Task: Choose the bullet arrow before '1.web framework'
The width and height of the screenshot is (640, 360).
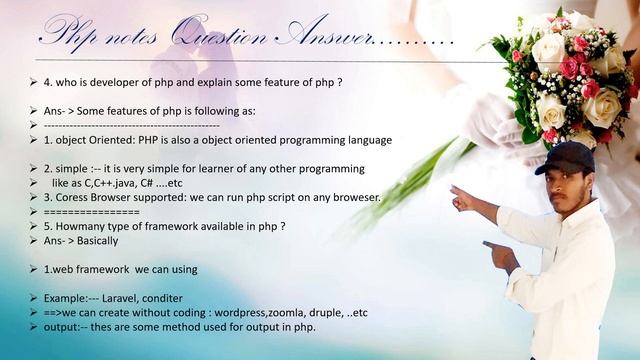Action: pos(34,270)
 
